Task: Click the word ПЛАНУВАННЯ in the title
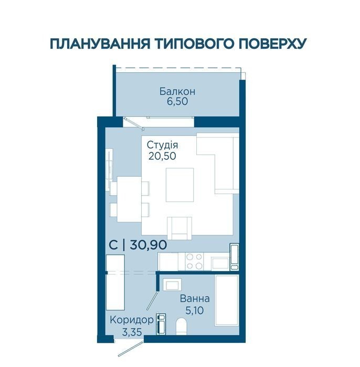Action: pyautogui.click(x=100, y=44)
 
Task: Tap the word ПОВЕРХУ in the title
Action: pyautogui.click(x=273, y=44)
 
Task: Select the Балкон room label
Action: pyautogui.click(x=177, y=91)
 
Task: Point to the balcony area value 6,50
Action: pyautogui.click(x=177, y=101)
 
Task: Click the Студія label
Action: pyautogui.click(x=162, y=145)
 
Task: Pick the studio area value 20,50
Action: pyautogui.click(x=162, y=156)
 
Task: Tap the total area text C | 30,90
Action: pyautogui.click(x=138, y=245)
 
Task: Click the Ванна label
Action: pyautogui.click(x=195, y=299)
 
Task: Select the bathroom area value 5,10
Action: pyautogui.click(x=194, y=310)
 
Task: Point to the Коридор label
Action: pyautogui.click(x=131, y=320)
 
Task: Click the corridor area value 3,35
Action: pyautogui.click(x=132, y=332)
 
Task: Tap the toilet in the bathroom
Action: pyautogui.click(x=181, y=326)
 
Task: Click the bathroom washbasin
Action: pyautogui.click(x=172, y=285)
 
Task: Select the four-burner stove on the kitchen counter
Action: pyautogui.click(x=194, y=262)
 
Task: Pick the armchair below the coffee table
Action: pyautogui.click(x=179, y=228)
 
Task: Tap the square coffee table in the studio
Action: pyautogui.click(x=180, y=185)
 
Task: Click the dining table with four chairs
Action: pyautogui.click(x=129, y=199)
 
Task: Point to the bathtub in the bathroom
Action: pyautogui.click(x=227, y=300)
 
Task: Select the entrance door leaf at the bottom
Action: pyautogui.click(x=131, y=349)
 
